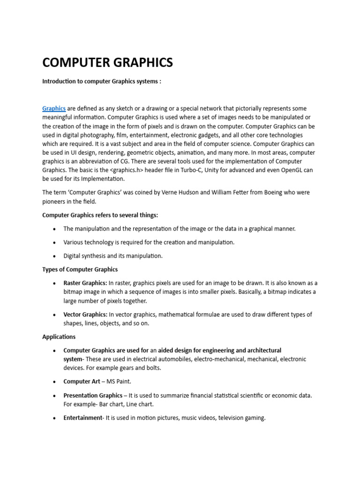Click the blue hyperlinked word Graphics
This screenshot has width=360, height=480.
click(54, 108)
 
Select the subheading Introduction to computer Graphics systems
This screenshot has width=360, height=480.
click(102, 81)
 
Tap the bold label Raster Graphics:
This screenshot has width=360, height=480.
click(85, 283)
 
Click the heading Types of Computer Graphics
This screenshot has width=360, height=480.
click(80, 270)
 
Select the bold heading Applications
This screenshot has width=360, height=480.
click(59, 337)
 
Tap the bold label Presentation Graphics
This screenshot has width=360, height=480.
click(93, 395)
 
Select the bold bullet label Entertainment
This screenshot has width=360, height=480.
click(82, 418)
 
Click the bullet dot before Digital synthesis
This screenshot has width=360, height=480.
click(54, 256)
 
